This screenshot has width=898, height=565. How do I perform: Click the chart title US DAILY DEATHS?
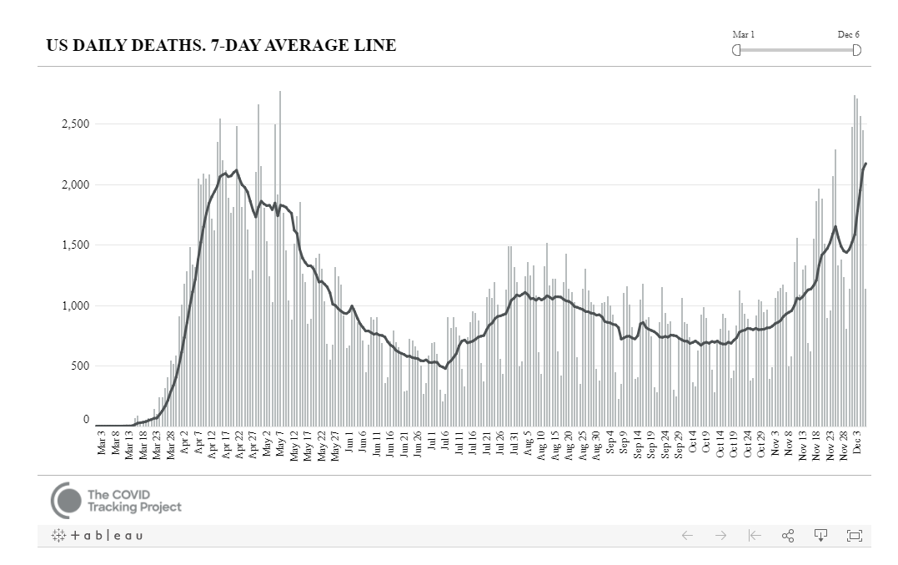pos(221,46)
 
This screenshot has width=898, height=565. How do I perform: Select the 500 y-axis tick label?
pos(79,366)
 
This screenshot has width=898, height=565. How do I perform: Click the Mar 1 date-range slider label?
pos(743,34)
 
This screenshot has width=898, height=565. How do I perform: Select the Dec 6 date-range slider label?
pos(849,34)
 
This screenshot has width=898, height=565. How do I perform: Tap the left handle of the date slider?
pos(736,50)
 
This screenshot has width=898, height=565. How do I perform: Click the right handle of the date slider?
pos(856,50)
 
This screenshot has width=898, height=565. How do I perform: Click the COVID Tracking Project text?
pos(133,501)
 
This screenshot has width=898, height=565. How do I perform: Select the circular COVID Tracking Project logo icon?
pos(66,501)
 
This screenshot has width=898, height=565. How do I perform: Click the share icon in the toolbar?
pos(787,536)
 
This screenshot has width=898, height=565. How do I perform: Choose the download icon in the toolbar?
pos(820,536)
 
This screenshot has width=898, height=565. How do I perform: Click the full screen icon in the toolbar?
pos(854,536)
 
